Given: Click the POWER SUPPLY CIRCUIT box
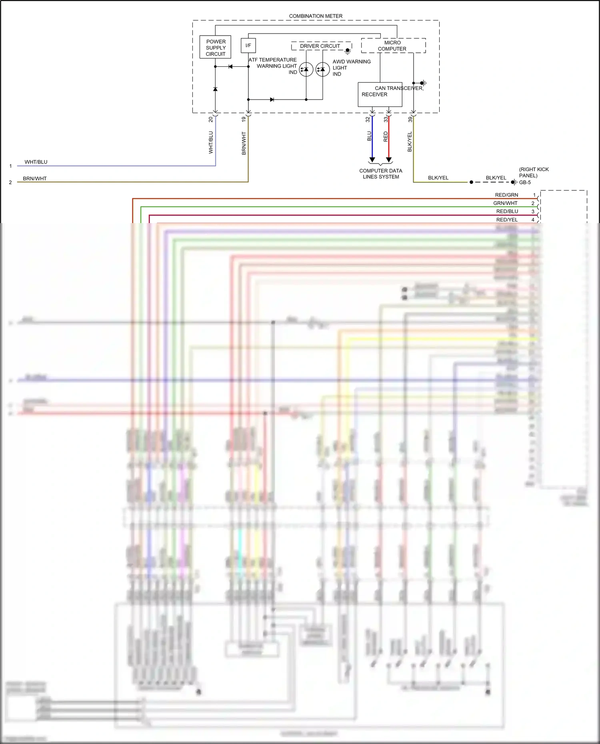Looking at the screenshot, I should click(x=215, y=47).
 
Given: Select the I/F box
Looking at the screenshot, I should click(x=248, y=46).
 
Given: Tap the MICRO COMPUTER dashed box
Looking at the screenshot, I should click(x=393, y=46).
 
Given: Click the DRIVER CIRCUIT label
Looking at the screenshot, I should click(x=320, y=46).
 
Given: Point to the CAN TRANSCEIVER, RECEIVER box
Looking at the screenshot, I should click(x=380, y=94).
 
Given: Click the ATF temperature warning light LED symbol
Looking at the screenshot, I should click(x=306, y=70).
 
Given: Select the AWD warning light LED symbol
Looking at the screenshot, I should click(x=322, y=70).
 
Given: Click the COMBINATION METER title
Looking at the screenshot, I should click(x=316, y=16).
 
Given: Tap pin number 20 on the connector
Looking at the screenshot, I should click(x=211, y=119).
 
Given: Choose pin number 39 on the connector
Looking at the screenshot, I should click(x=410, y=119).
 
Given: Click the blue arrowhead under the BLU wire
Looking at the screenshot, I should click(x=372, y=160).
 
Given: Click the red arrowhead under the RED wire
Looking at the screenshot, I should click(x=388, y=160).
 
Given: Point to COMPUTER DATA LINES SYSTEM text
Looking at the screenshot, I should click(x=381, y=174).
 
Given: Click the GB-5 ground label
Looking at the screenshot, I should click(x=525, y=182).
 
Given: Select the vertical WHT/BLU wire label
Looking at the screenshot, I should click(x=211, y=142).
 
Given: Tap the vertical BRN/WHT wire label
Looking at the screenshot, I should click(x=244, y=143).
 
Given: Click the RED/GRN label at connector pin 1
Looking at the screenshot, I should click(x=506, y=195).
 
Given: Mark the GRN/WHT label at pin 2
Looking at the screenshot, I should click(x=505, y=203).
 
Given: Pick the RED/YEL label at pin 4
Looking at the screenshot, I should click(x=507, y=219).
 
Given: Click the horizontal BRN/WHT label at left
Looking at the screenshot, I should click(x=35, y=178).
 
